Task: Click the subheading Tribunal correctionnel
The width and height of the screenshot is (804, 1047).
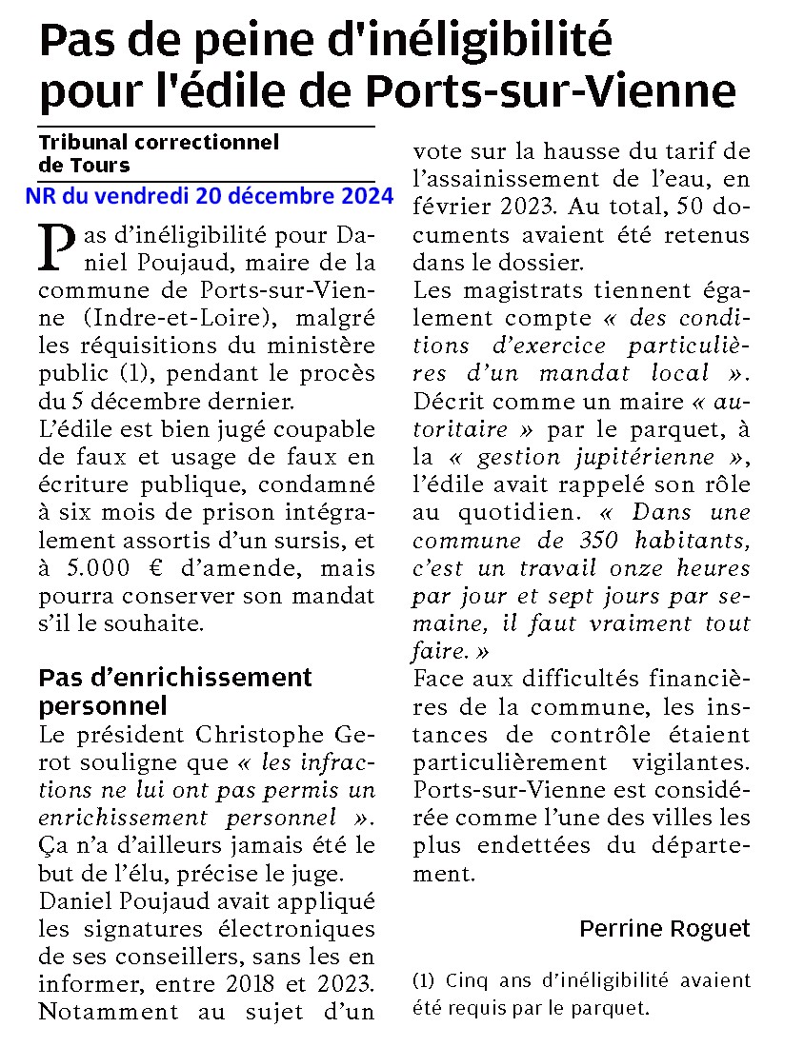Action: click(x=159, y=143)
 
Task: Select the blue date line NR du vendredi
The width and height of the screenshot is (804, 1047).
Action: click(x=210, y=196)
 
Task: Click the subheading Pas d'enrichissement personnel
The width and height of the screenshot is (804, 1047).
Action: click(x=175, y=692)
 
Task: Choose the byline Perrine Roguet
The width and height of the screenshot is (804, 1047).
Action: click(x=664, y=928)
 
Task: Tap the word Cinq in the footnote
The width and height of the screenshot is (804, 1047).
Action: click(x=466, y=980)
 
